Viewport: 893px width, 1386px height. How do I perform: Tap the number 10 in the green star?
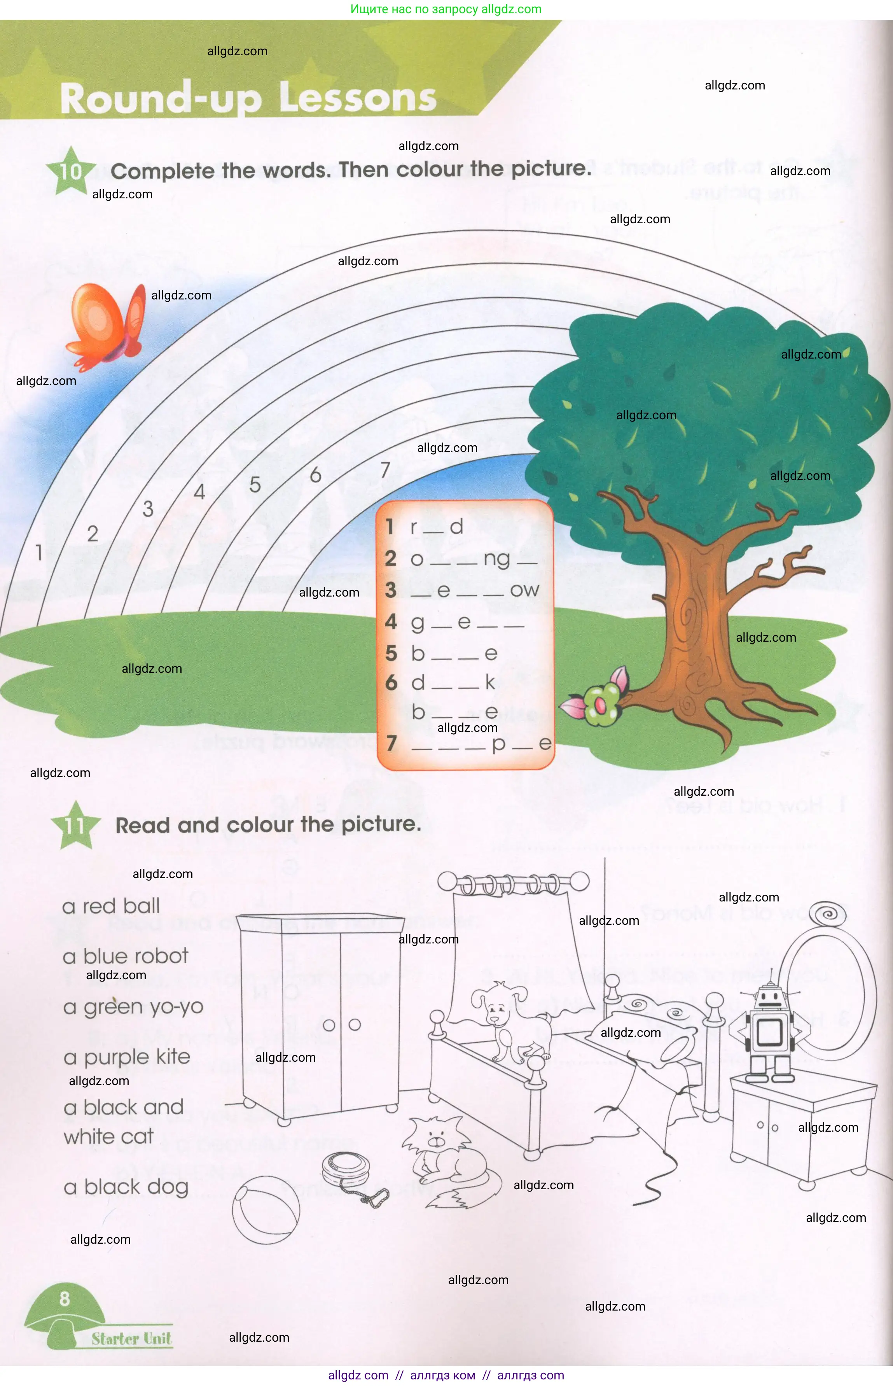click(71, 171)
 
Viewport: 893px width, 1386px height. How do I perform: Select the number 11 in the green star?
click(75, 825)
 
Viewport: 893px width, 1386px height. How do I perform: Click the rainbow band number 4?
click(199, 492)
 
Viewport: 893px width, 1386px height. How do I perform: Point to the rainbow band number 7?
click(385, 470)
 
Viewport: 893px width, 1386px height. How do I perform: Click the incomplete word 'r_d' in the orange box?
click(436, 527)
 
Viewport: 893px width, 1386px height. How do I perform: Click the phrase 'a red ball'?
click(111, 906)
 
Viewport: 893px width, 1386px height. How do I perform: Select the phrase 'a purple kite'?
click(127, 1057)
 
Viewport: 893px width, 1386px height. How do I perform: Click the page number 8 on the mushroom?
click(65, 1298)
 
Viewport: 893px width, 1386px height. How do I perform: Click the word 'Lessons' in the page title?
click(357, 98)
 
